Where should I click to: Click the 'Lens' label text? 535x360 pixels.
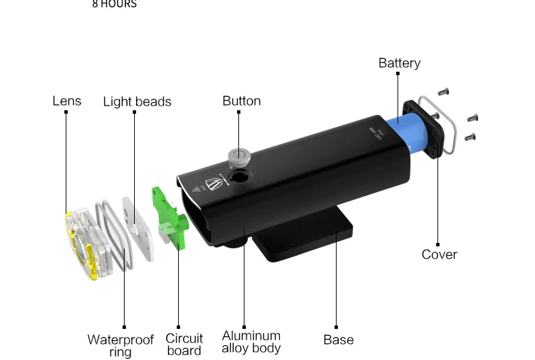click(x=66, y=101)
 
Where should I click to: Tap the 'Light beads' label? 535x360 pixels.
click(x=137, y=102)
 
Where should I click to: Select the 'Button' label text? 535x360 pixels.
click(x=241, y=101)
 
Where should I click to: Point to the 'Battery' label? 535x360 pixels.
click(x=399, y=63)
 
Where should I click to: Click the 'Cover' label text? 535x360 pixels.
click(x=439, y=254)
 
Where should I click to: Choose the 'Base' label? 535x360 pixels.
click(x=338, y=340)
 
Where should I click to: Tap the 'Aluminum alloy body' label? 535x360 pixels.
click(x=251, y=342)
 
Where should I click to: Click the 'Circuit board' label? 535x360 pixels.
click(x=184, y=344)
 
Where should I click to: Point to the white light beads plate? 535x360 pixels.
click(x=138, y=227)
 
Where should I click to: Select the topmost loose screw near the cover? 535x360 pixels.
click(x=444, y=91)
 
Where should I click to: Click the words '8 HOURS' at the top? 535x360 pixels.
click(x=114, y=4)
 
